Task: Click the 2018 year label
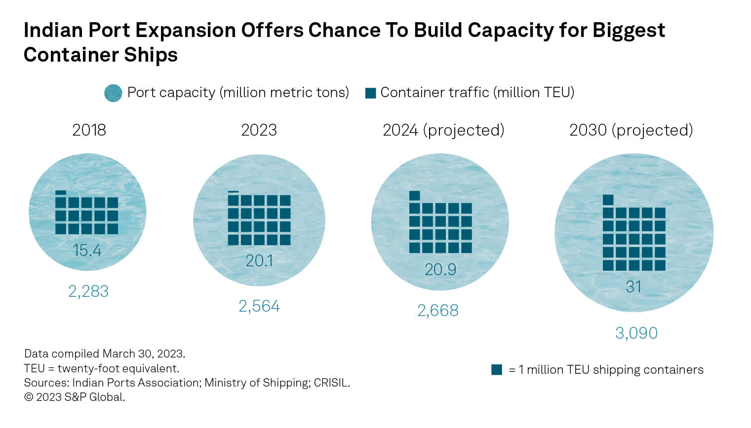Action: pyautogui.click(x=89, y=130)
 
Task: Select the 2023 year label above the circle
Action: pyautogui.click(x=259, y=130)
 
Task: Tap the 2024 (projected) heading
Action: pyautogui.click(x=443, y=130)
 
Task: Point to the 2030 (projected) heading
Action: pyautogui.click(x=631, y=130)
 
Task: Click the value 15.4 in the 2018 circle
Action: pyautogui.click(x=87, y=250)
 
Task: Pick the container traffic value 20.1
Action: pyautogui.click(x=259, y=260)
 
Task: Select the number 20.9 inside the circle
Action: pyautogui.click(x=440, y=269)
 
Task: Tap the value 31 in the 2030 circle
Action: pyautogui.click(x=633, y=286)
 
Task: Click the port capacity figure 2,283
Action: pyautogui.click(x=88, y=291)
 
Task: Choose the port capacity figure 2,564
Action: pyautogui.click(x=259, y=306)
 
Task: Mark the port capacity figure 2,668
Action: pyautogui.click(x=438, y=311)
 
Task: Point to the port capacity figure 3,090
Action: pyautogui.click(x=636, y=333)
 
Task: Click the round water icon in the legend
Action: pyautogui.click(x=113, y=93)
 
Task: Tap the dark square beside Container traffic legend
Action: pyautogui.click(x=370, y=93)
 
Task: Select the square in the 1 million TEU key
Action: pyautogui.click(x=497, y=370)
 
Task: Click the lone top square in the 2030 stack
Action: pyautogui.click(x=608, y=200)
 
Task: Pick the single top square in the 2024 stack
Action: pyautogui.click(x=415, y=196)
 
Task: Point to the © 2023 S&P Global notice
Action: pyautogui.click(x=75, y=397)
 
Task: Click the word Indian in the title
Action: pyautogui.click(x=53, y=31)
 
